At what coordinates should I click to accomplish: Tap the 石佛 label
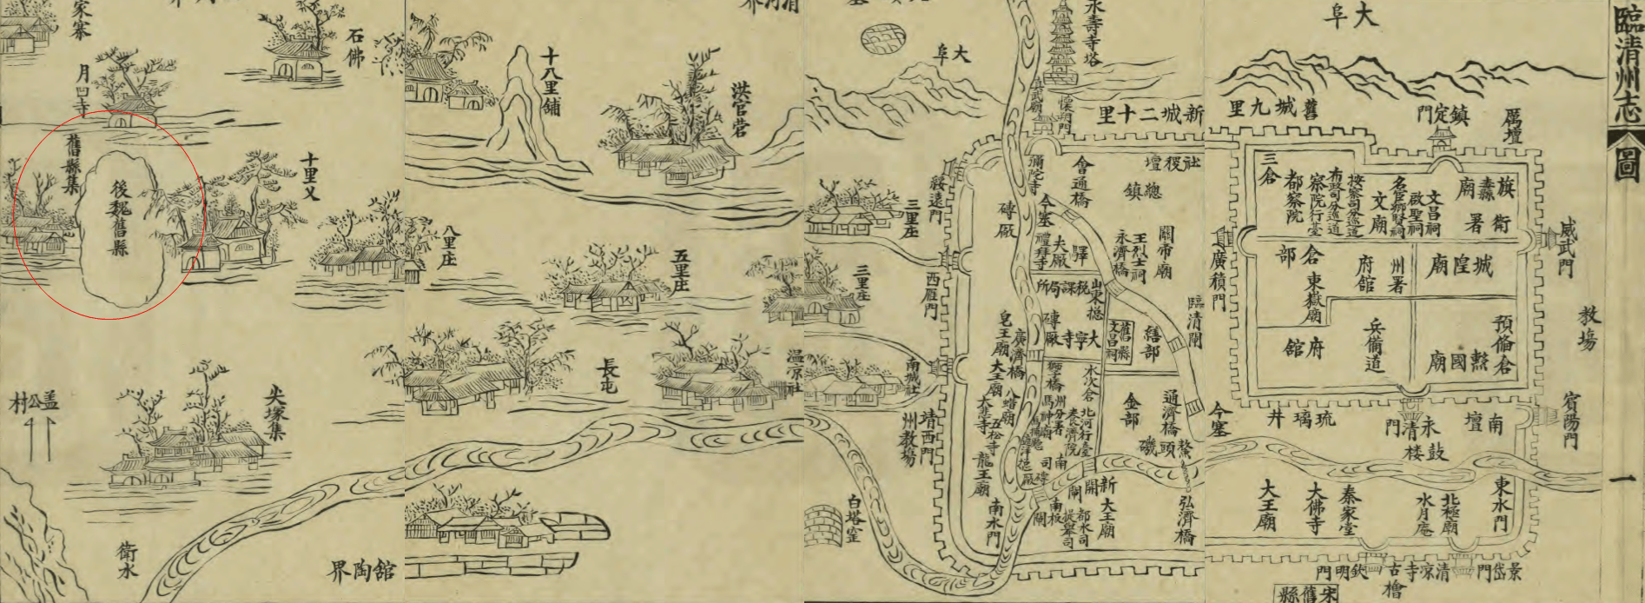point(355,48)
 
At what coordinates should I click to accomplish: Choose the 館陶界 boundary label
point(362,571)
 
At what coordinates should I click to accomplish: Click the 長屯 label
point(607,376)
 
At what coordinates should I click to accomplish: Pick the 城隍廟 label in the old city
point(1459,265)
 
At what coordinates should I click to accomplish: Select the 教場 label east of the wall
point(1588,328)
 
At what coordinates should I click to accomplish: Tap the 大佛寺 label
point(1317,507)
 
